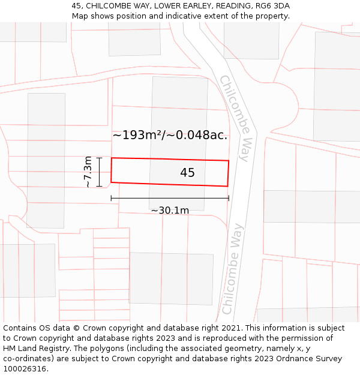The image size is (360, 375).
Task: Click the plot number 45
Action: click(187, 173)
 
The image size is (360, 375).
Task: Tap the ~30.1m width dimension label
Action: click(170, 210)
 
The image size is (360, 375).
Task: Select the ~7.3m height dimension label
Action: click(88, 172)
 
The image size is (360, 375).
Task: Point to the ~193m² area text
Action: click(137, 135)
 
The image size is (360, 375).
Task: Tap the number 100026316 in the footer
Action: click(25, 369)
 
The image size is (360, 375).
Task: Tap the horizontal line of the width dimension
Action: click(170, 198)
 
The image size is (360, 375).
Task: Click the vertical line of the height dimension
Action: click(100, 172)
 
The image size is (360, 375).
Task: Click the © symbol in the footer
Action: click(76, 328)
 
